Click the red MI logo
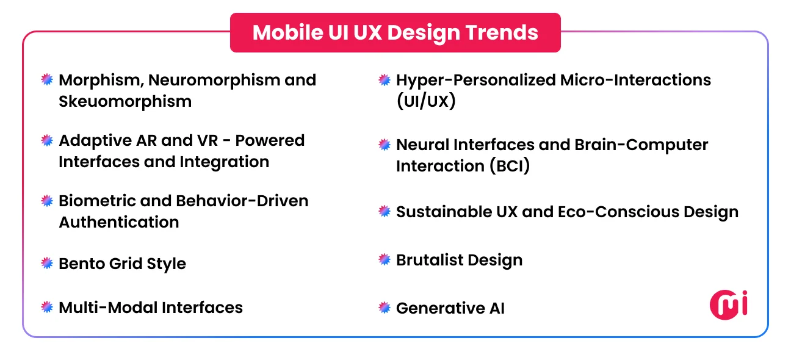click(x=729, y=304)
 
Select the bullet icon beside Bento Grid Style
click(x=47, y=263)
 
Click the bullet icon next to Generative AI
click(x=385, y=308)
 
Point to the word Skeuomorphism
click(x=125, y=101)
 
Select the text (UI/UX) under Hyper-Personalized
click(x=426, y=101)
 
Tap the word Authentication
click(x=119, y=222)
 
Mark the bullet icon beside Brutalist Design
click(x=385, y=259)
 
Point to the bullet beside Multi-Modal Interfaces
click(x=47, y=307)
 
